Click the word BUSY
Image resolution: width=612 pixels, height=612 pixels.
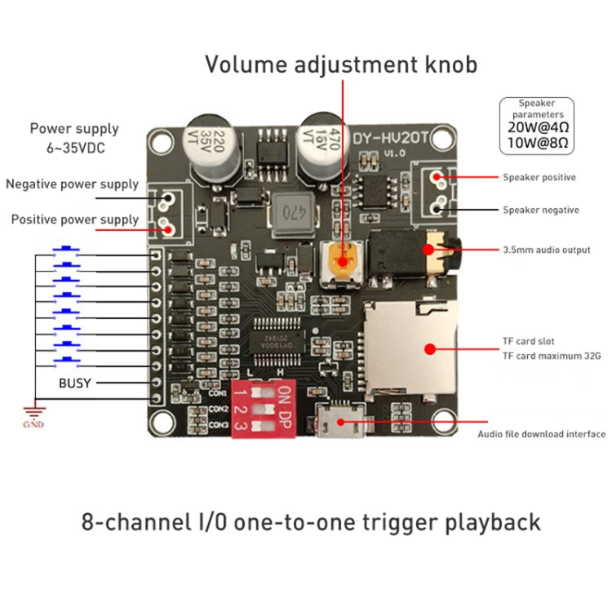coord(74,382)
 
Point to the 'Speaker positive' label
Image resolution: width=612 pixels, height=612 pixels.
coord(539,177)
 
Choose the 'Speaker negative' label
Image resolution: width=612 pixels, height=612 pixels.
coord(540,210)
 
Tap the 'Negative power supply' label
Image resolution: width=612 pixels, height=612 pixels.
coord(72,184)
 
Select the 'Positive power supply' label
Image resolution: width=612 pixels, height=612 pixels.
coord(73,220)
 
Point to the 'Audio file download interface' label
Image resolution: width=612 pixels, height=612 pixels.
coord(541,434)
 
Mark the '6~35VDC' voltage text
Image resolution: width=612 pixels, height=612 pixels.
coord(74,149)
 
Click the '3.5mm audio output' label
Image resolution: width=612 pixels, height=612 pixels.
coord(546,249)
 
